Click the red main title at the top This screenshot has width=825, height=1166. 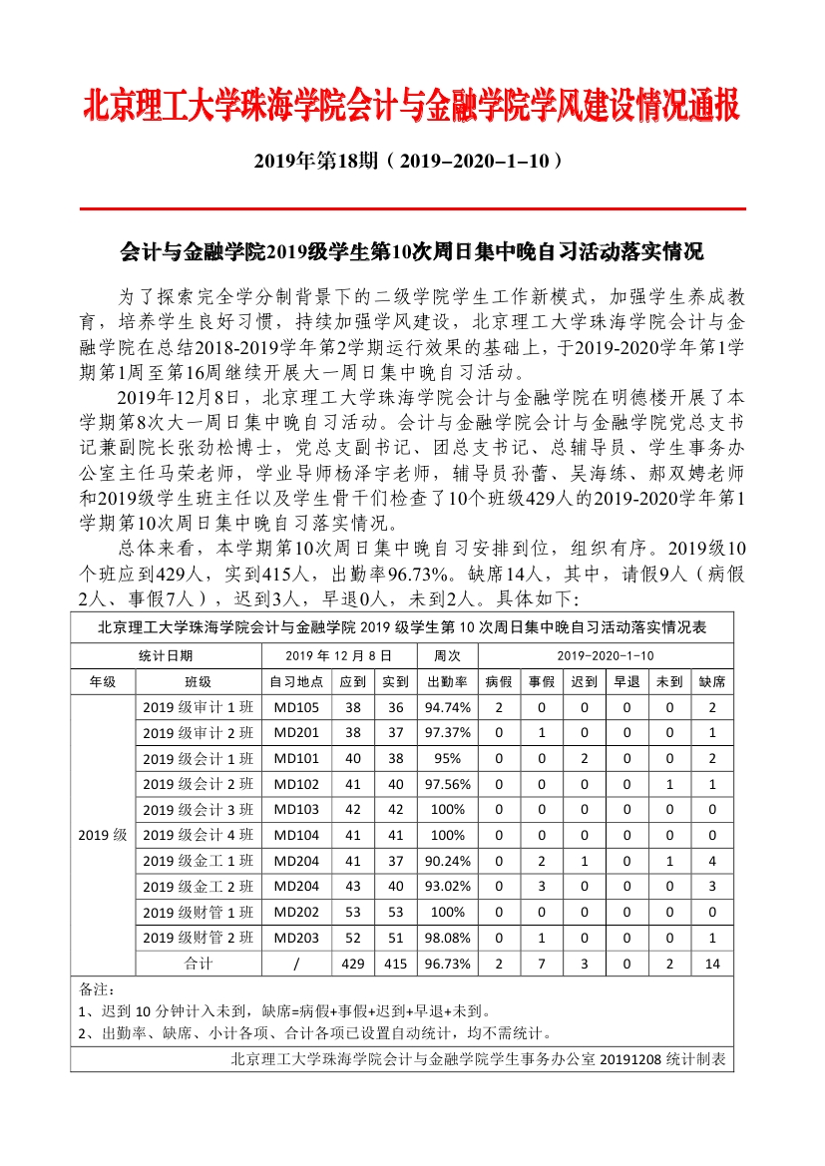pyautogui.click(x=412, y=105)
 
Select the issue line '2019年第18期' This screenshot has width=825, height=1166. pyautogui.click(x=412, y=160)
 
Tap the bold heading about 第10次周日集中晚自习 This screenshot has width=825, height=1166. pyautogui.click(x=412, y=250)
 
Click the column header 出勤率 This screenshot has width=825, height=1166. pyautogui.click(x=448, y=682)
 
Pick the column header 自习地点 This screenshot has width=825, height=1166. pyautogui.click(x=296, y=682)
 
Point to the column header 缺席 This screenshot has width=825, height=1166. pyautogui.click(x=712, y=682)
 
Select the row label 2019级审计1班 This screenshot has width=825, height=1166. pyautogui.click(x=198, y=708)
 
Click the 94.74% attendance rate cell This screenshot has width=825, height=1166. pyautogui.click(x=448, y=708)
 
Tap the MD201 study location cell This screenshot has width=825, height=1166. pyautogui.click(x=296, y=733)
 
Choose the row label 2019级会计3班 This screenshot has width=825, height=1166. pyautogui.click(x=198, y=810)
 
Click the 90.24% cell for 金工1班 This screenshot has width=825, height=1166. pyautogui.click(x=448, y=861)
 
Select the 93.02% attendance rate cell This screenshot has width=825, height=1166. pyautogui.click(x=448, y=887)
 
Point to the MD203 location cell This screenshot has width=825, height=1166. pyautogui.click(x=296, y=938)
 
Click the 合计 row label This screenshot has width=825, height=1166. pyautogui.click(x=198, y=964)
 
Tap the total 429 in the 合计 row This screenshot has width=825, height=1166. pyautogui.click(x=353, y=964)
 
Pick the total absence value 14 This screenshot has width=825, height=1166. pyautogui.click(x=712, y=964)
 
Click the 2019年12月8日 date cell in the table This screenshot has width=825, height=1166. pyautogui.click(x=324, y=656)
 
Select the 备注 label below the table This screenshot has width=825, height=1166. pyautogui.click(x=92, y=989)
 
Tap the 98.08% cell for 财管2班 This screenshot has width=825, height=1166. pyautogui.click(x=448, y=938)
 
